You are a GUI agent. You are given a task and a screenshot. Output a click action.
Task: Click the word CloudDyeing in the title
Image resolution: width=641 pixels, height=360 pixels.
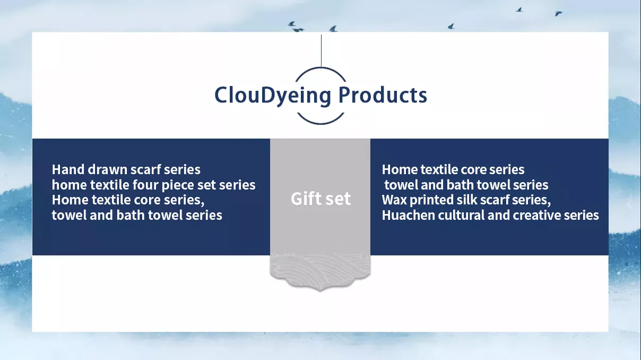273,96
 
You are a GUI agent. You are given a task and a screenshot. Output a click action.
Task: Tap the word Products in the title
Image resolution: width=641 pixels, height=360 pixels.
383,95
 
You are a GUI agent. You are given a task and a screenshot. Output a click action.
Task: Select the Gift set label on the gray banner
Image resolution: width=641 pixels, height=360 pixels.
320,199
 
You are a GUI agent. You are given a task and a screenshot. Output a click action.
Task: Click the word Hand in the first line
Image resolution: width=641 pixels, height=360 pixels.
68,169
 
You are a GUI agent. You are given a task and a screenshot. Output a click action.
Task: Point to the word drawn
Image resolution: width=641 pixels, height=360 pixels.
107,169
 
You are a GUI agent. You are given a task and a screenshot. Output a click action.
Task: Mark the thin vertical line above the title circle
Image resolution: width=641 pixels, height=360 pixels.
321,50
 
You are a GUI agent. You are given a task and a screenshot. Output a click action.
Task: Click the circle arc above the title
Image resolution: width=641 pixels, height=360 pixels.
321,68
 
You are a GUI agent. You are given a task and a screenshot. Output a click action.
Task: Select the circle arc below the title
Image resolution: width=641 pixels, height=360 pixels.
320,123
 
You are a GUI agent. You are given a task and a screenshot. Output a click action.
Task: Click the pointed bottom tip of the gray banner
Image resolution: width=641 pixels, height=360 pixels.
320,290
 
